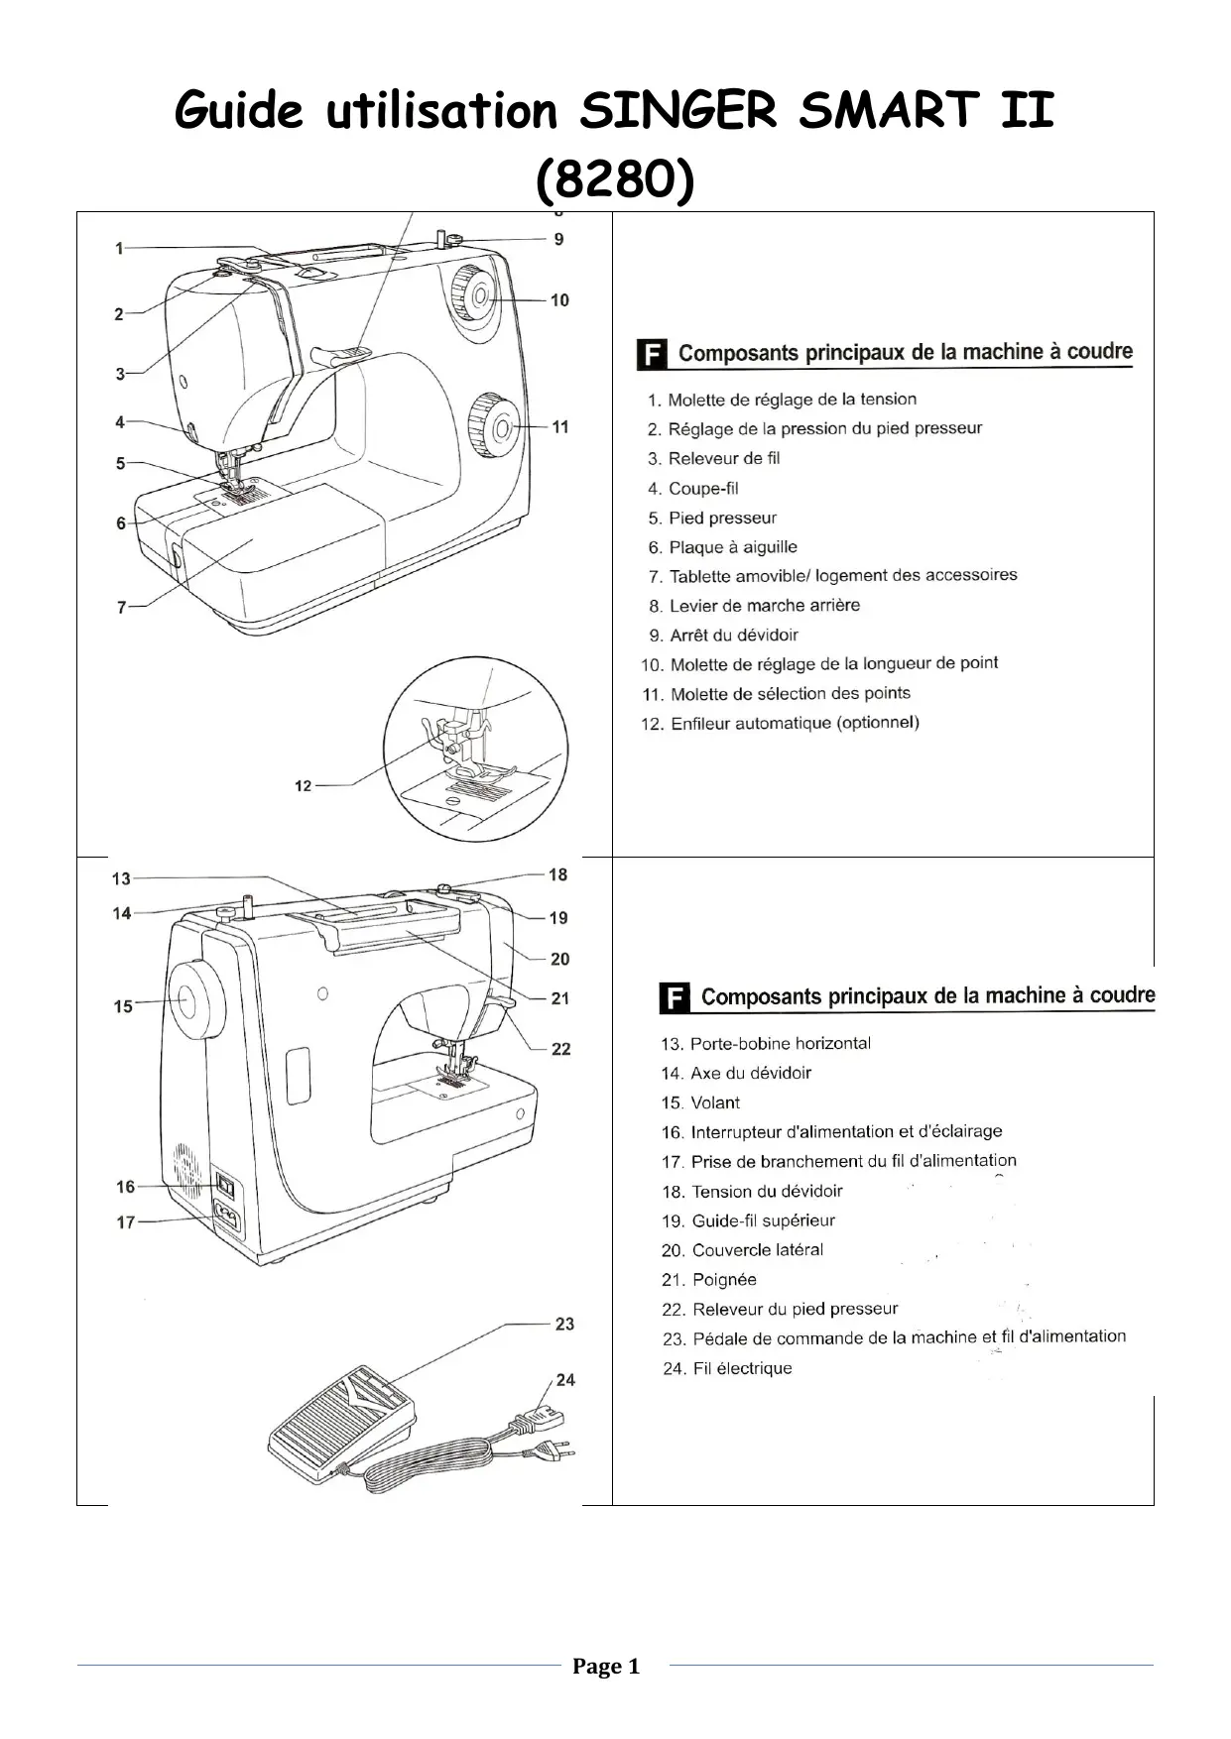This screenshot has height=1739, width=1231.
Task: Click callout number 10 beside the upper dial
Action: click(559, 299)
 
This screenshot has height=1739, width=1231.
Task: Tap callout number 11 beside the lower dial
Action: click(560, 426)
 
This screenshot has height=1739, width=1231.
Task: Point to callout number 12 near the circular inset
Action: click(304, 785)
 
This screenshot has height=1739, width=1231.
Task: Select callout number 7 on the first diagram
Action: click(121, 607)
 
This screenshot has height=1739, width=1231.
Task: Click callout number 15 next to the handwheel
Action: click(123, 1006)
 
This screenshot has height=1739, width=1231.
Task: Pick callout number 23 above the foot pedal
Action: click(564, 1324)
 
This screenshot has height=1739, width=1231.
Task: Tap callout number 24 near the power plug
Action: click(564, 1379)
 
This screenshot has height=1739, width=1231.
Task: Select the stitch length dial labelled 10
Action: click(474, 294)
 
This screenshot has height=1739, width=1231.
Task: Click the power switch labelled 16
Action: click(225, 1186)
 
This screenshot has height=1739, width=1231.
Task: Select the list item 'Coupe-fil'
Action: click(703, 488)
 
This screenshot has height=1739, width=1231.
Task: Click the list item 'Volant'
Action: click(715, 1102)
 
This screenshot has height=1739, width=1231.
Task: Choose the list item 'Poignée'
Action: click(724, 1279)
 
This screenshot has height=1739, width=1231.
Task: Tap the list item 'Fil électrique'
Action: click(742, 1368)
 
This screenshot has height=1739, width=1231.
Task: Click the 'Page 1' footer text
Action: click(606, 1667)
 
